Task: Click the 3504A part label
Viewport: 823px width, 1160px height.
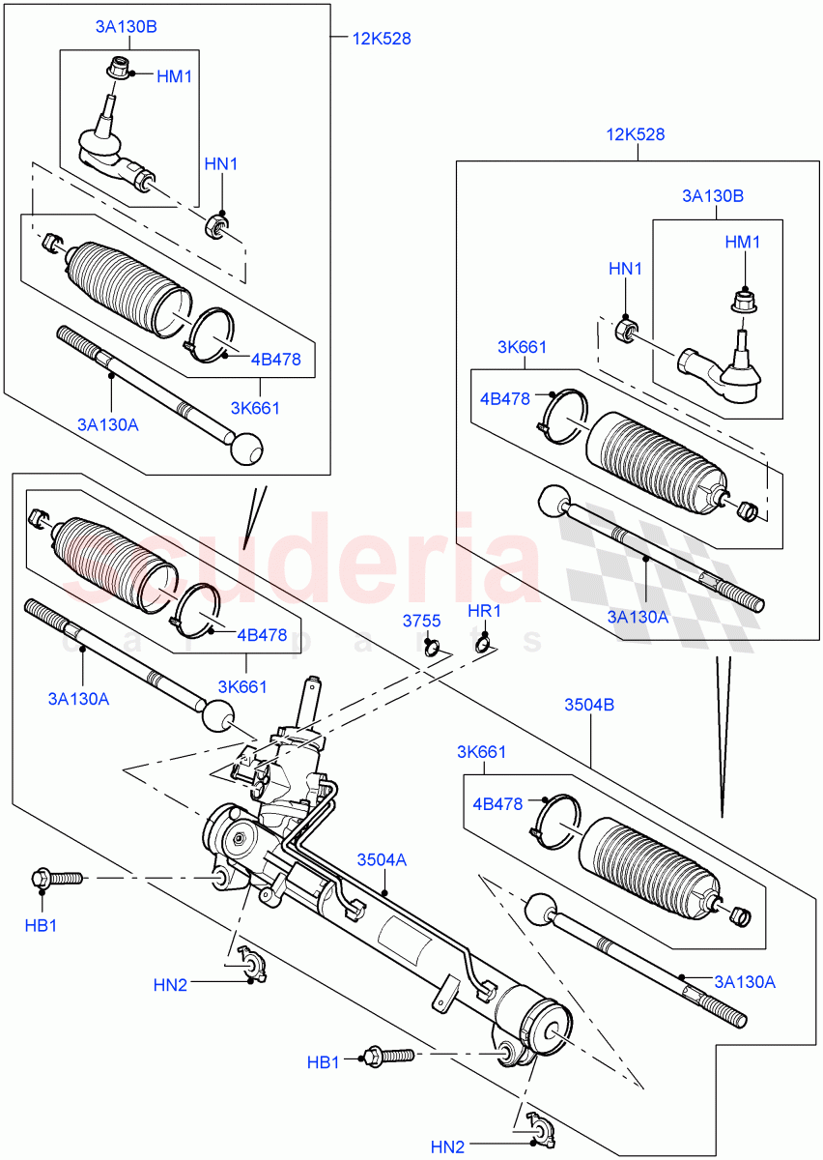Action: click(x=382, y=859)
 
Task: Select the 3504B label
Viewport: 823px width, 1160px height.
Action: click(x=589, y=706)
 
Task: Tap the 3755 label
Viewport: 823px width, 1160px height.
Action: click(x=422, y=621)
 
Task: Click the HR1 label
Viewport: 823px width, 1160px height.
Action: click(x=483, y=612)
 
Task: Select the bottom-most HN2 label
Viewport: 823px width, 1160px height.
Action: click(x=447, y=1147)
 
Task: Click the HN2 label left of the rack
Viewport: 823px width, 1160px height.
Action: click(x=170, y=985)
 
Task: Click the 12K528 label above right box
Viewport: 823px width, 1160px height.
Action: click(x=636, y=134)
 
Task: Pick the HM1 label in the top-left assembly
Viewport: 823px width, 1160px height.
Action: click(x=174, y=74)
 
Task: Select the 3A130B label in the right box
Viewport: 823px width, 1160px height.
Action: click(x=713, y=195)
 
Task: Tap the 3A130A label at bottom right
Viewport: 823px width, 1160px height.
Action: click(x=745, y=982)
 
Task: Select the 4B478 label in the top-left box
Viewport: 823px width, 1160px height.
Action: click(x=275, y=360)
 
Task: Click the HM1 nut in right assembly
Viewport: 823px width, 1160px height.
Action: click(x=743, y=301)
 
